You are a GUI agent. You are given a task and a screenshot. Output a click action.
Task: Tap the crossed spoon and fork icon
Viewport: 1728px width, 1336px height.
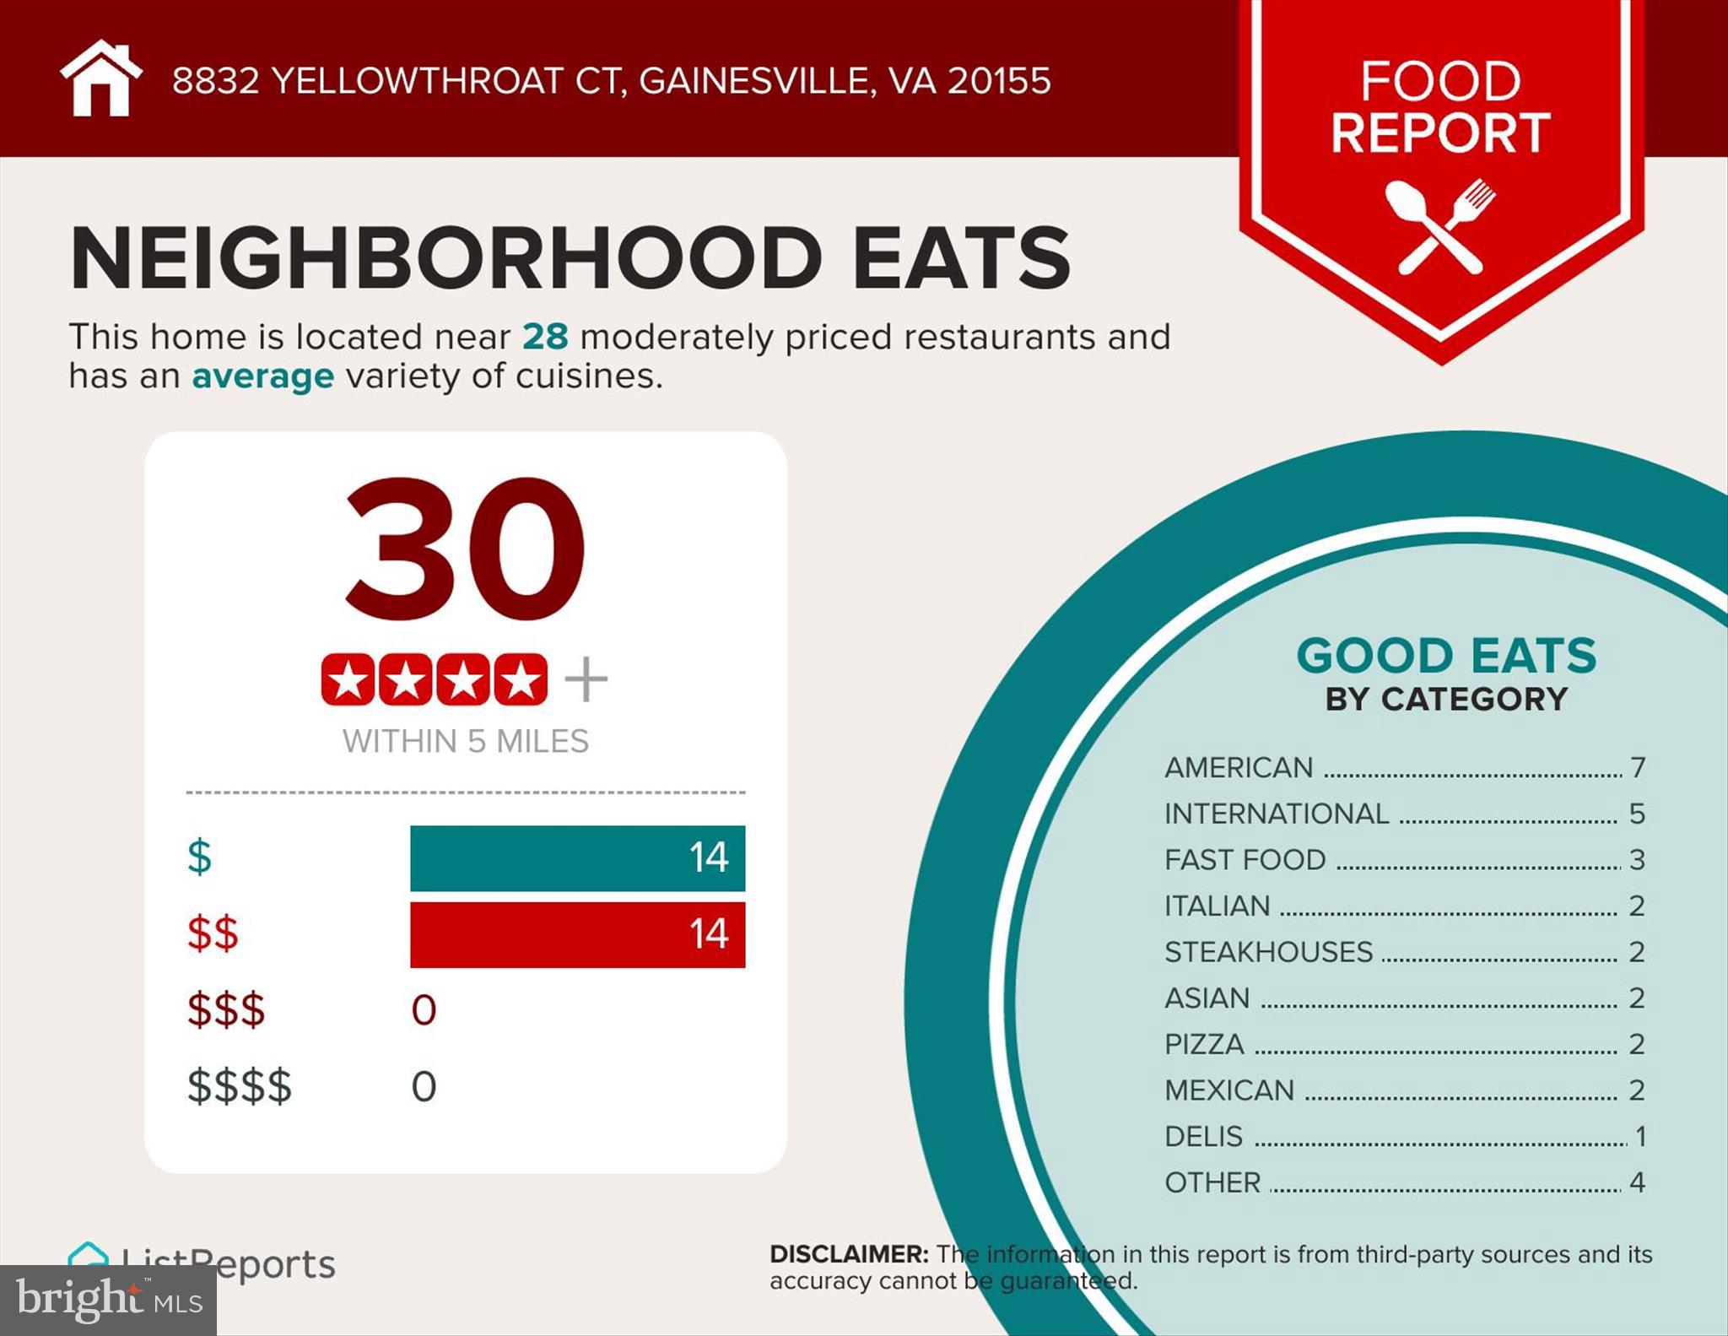[x=1440, y=226]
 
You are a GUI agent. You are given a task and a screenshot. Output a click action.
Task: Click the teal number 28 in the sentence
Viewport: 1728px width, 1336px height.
[x=545, y=337]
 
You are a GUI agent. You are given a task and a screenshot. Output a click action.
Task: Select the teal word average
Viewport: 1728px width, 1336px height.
[x=262, y=376]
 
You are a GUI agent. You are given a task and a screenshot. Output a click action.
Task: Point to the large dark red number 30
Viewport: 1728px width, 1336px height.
[x=465, y=549]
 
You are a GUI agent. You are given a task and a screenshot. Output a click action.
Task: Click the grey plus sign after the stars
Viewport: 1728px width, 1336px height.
[x=586, y=679]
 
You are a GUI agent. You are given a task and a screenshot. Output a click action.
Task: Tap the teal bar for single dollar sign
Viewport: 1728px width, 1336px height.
[x=577, y=857]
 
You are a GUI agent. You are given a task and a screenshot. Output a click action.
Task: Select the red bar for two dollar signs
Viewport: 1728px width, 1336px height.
[x=577, y=934]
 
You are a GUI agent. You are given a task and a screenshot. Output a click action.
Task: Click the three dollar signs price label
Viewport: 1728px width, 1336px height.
[x=225, y=1009]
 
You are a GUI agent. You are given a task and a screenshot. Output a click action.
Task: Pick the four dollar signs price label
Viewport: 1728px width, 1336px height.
[x=239, y=1086]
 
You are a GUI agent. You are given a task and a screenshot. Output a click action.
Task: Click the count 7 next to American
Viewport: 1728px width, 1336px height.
[x=1638, y=767]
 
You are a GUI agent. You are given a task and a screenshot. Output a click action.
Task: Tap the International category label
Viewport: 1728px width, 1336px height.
[x=1276, y=814]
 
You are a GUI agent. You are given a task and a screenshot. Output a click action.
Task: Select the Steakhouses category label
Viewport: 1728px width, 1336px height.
[x=1268, y=952]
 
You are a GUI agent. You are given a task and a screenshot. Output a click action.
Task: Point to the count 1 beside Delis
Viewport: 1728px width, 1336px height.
[x=1640, y=1136]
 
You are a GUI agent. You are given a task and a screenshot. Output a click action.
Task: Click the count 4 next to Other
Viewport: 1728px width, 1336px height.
[x=1638, y=1182]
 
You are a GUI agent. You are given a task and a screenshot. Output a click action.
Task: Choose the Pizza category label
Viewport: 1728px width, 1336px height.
[x=1204, y=1044]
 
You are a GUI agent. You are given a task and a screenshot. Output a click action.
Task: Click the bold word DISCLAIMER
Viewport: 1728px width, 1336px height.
[x=848, y=1254]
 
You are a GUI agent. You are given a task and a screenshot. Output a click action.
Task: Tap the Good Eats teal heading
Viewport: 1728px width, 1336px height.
[x=1446, y=656]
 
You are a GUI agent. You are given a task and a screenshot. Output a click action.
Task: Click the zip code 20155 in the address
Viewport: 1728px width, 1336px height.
[x=999, y=81]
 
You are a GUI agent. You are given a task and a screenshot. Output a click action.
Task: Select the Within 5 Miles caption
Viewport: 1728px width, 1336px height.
[x=465, y=741]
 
